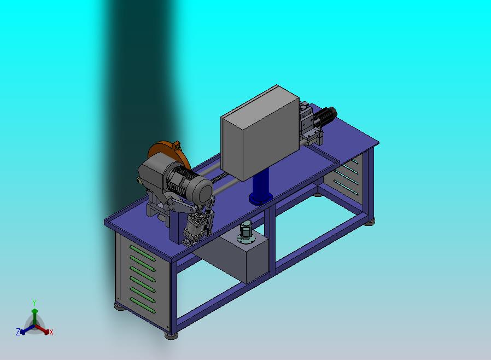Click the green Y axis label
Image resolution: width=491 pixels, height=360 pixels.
(x=34, y=303)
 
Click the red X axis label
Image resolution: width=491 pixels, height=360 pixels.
(x=51, y=332)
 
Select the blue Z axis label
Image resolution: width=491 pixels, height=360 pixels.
(x=18, y=332)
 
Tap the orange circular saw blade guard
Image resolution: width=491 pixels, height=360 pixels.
(x=168, y=154)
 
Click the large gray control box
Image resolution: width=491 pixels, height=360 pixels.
(x=260, y=132)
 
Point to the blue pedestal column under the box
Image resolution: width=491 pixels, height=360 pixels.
(x=261, y=185)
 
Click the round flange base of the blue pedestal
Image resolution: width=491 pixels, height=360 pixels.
(x=260, y=199)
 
